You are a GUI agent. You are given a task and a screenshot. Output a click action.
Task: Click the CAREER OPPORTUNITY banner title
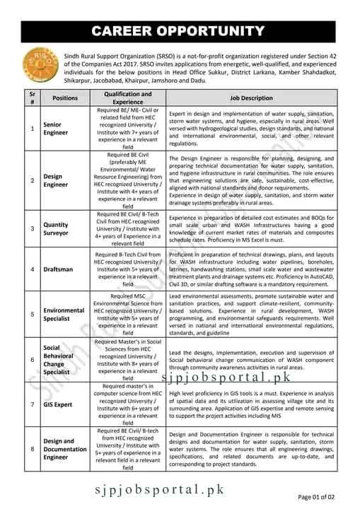(180, 30)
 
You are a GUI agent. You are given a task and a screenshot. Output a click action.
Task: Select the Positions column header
(65, 98)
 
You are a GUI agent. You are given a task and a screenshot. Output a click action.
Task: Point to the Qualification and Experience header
(128, 98)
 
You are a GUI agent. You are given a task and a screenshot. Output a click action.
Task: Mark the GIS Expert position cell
(60, 404)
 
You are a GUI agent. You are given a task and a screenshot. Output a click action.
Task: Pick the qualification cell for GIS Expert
(128, 404)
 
